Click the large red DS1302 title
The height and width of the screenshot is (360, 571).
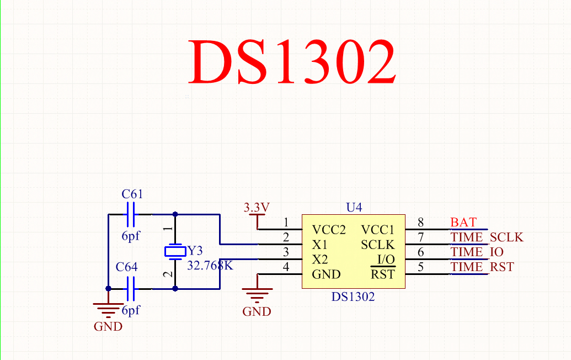tap(292, 62)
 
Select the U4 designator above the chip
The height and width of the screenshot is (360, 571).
tap(354, 208)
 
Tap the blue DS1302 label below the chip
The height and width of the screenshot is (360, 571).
tap(353, 297)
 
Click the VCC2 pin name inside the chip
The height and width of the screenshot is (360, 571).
tap(328, 230)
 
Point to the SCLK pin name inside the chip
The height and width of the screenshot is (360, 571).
tap(378, 245)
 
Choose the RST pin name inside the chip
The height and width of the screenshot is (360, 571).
tap(382, 274)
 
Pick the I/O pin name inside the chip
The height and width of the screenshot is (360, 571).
tap(386, 260)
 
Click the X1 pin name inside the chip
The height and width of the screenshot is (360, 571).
tap(320, 245)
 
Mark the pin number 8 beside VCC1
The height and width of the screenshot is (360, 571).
tap(420, 223)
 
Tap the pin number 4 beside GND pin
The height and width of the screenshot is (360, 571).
tap(286, 268)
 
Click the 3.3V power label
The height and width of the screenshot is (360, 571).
tap(257, 208)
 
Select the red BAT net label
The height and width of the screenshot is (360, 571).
tap(463, 223)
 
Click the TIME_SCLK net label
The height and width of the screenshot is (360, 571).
tap(487, 237)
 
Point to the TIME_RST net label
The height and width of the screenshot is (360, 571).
tap(482, 267)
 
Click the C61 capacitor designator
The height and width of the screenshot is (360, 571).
tap(132, 194)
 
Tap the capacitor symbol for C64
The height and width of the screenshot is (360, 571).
tap(131, 288)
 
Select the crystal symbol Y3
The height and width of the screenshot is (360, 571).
tap(175, 252)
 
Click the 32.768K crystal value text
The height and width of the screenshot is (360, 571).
tap(210, 266)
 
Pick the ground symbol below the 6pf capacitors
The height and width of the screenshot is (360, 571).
tap(108, 307)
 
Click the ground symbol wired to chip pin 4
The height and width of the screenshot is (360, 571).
tap(257, 291)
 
